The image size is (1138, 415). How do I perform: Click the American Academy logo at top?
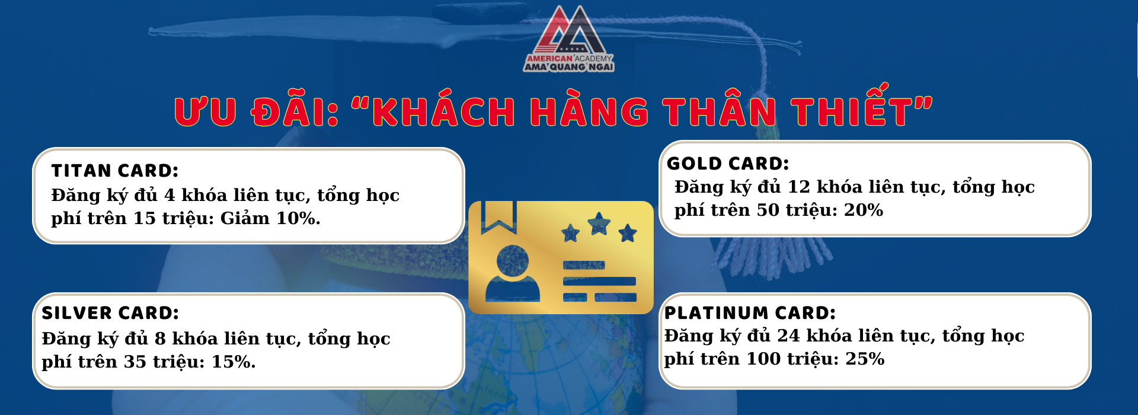tap(569, 39)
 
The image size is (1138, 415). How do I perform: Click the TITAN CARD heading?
tap(115, 171)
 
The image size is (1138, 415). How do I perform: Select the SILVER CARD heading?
tap(110, 313)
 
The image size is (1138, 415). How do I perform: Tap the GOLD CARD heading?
tap(728, 164)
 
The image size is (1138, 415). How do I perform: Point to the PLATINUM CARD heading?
tap(750, 313)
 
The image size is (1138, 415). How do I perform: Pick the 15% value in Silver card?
tap(234, 362)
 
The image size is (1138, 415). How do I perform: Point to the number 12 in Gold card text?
tap(798, 187)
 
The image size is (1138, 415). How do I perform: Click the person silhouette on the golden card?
tap(513, 274)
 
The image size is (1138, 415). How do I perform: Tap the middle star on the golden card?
tap(599, 224)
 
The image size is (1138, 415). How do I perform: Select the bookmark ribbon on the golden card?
tap(498, 217)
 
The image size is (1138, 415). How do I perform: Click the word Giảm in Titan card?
tap(245, 218)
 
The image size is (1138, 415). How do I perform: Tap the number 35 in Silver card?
tap(135, 362)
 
